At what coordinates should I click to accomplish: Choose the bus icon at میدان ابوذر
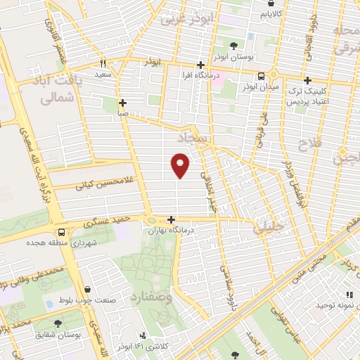[262, 77]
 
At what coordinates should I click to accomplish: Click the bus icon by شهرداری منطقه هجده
[63, 231]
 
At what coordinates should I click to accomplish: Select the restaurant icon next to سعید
[103, 63]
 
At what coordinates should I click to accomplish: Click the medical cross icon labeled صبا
[122, 102]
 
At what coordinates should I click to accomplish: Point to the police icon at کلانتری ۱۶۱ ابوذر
[143, 335]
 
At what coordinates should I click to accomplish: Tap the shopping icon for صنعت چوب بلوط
[86, 289]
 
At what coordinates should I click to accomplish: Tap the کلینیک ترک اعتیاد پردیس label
[307, 96]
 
